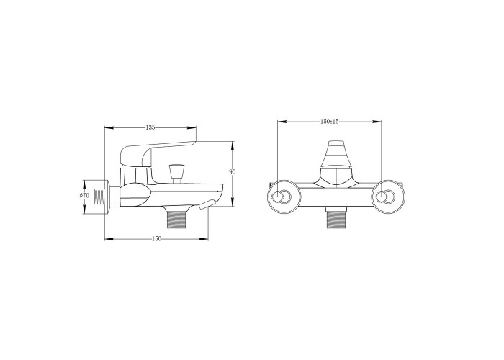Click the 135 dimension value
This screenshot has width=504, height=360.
point(150,127)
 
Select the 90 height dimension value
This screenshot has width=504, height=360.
point(233,172)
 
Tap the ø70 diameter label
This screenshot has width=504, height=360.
point(84,195)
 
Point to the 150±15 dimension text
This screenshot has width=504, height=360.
point(330,122)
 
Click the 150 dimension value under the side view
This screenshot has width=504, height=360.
point(156,238)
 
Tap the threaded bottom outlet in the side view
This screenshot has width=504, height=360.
point(177,217)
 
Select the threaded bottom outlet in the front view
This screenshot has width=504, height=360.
point(336,218)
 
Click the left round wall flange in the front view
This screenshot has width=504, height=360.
point(284,197)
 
